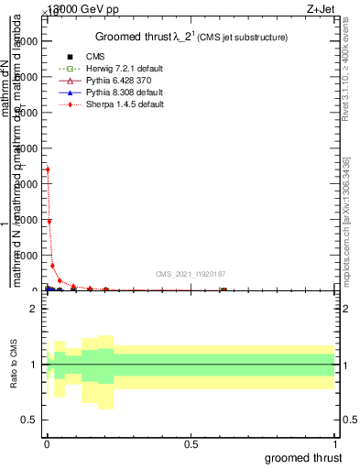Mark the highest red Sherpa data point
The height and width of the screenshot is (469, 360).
pyautogui.click(x=48, y=169)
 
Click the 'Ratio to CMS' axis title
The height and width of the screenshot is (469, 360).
pyautogui.click(x=14, y=365)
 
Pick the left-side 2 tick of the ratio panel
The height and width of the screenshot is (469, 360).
pyautogui.click(x=32, y=309)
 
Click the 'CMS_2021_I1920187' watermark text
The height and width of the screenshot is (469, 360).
pyautogui.click(x=191, y=274)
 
